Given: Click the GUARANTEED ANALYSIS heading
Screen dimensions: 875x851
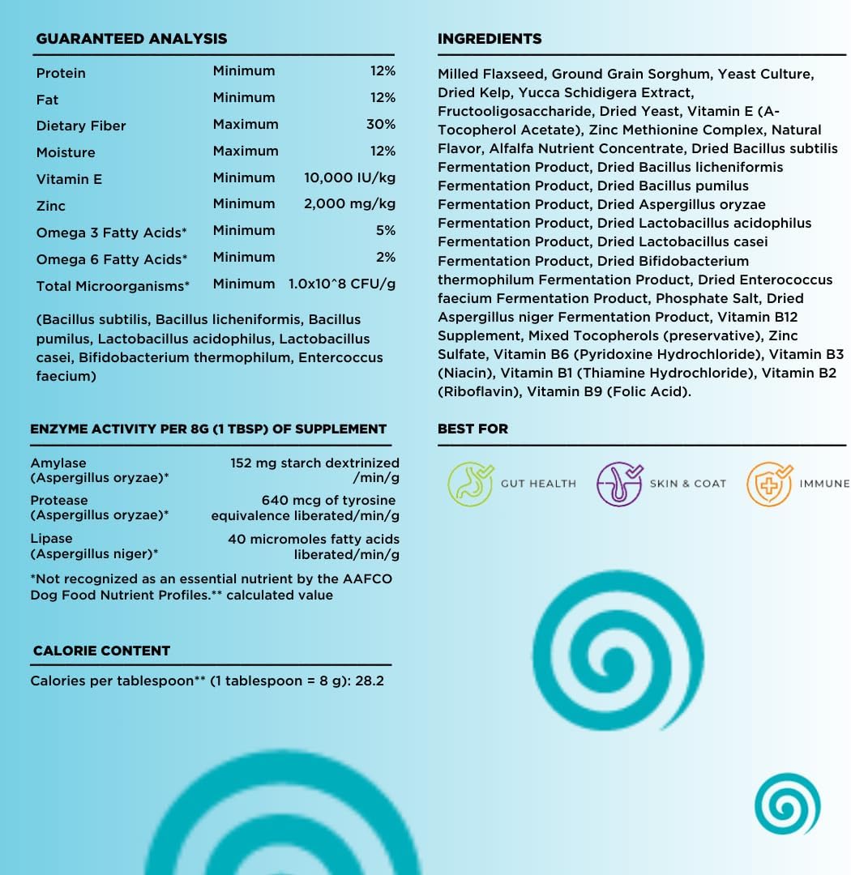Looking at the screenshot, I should click(131, 39).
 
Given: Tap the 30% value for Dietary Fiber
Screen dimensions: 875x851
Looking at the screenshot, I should click(380, 125).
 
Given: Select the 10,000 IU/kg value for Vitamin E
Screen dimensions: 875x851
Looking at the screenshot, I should click(349, 178).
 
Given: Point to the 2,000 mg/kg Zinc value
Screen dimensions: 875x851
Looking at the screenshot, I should click(349, 204).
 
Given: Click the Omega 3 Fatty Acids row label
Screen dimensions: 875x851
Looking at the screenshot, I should click(111, 233).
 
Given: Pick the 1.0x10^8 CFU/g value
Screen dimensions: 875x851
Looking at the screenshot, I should click(342, 284).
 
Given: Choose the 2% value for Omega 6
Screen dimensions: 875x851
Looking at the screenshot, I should click(386, 258).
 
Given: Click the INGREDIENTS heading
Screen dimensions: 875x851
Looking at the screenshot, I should click(490, 39).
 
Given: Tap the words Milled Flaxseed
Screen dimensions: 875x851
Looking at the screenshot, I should click(491, 75).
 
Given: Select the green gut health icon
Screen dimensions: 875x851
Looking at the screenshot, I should click(470, 484).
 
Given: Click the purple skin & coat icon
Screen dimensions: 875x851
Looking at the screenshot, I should click(619, 484).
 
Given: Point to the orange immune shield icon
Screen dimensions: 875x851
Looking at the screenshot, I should click(768, 484).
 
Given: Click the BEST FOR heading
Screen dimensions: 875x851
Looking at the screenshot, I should click(473, 429).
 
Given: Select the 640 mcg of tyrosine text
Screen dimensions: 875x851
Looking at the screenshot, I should click(328, 501).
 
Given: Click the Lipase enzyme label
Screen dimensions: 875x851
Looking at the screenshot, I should click(51, 539).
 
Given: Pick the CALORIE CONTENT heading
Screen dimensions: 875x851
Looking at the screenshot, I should click(101, 651).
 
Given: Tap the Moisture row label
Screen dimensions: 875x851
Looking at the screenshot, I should click(66, 152).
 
